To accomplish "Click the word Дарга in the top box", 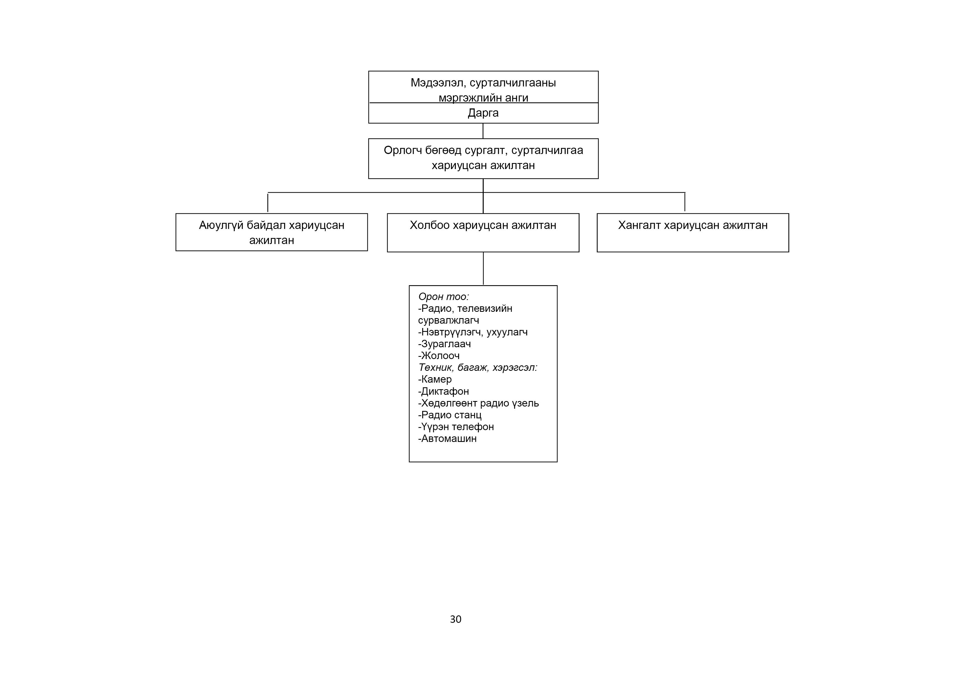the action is [x=483, y=113].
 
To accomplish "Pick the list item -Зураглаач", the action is [x=445, y=344].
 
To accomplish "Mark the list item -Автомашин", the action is [x=447, y=439].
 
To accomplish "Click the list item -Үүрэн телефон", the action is [x=456, y=427].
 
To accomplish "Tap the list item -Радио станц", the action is [x=450, y=415].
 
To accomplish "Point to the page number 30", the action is [x=455, y=619].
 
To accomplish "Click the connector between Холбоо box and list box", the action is [x=483, y=269].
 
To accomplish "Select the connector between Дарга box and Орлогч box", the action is [x=483, y=131].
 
